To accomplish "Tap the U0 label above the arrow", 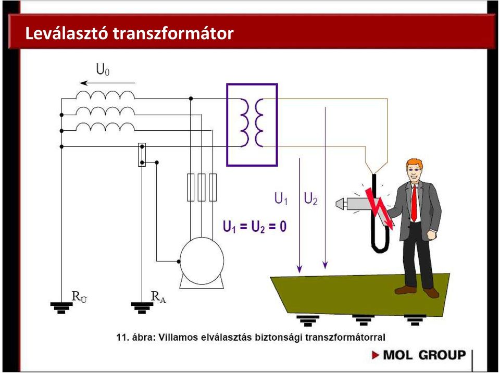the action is (x=103, y=70).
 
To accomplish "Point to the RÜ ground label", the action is (x=79, y=297).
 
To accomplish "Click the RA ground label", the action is (x=158, y=297).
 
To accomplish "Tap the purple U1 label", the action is (x=281, y=198).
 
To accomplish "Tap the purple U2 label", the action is (x=310, y=198).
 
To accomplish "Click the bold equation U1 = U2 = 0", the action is (x=255, y=227).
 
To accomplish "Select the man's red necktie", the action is (x=414, y=203).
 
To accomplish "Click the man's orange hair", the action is (x=415, y=164).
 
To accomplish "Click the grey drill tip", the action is (x=340, y=204).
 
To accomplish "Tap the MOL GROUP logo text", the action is (x=424, y=355).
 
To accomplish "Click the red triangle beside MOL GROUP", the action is (x=376, y=355).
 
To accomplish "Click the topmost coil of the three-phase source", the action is (x=105, y=94).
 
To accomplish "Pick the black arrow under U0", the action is (x=107, y=83).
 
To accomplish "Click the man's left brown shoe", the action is (x=405, y=290).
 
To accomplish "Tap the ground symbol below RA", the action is (x=142, y=308).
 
